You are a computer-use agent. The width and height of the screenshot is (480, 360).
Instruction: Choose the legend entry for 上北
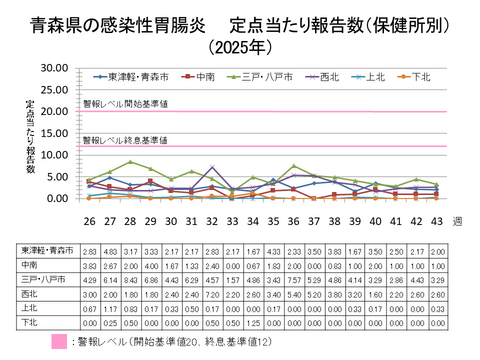point(374,76)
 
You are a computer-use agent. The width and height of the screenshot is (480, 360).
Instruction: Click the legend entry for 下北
point(421,76)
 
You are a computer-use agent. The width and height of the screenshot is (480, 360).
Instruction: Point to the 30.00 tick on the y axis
point(54,68)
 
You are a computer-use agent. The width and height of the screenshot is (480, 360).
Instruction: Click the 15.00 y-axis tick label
point(54,133)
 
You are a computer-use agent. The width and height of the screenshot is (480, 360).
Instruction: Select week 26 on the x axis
point(88,221)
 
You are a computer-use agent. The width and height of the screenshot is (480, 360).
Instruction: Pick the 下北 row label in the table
point(29,323)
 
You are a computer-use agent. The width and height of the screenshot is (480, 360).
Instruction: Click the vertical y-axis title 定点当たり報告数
point(30,135)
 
